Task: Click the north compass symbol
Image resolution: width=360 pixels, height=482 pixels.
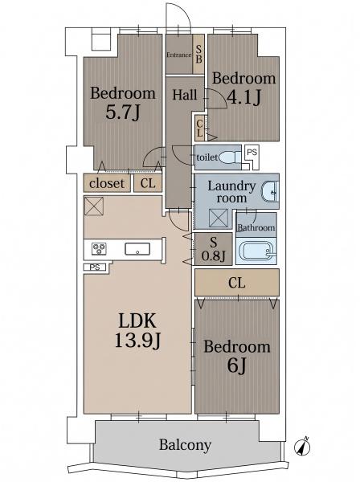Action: [301, 447]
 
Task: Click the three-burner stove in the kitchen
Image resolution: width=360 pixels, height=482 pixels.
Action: [99, 248]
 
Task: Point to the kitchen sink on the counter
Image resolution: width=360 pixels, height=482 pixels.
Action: [137, 249]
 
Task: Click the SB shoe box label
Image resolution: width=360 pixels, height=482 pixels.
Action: [199, 54]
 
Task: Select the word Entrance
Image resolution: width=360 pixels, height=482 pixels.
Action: [179, 55]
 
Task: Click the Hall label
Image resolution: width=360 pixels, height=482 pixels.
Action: [185, 95]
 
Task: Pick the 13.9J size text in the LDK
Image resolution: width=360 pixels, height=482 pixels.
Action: [137, 341]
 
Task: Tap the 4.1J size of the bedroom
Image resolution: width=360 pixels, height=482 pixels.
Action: [243, 97]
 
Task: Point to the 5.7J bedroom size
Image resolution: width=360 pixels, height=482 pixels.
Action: [123, 112]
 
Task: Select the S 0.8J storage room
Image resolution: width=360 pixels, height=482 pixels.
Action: [214, 249]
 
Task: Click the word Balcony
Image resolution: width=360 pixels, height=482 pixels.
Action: [185, 445]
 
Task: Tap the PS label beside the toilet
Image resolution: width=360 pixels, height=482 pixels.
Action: [252, 152]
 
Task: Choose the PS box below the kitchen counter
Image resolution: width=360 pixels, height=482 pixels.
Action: [95, 268]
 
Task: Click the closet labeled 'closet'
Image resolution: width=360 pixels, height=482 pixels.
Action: [107, 183]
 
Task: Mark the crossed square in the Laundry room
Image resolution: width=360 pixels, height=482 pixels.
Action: [219, 219]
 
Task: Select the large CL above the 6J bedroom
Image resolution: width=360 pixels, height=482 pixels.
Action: [237, 283]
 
